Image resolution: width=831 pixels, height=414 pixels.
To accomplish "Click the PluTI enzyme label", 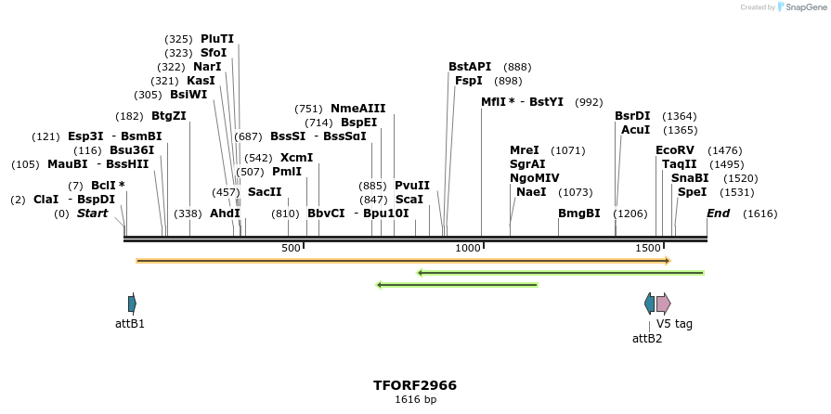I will (x=217, y=39).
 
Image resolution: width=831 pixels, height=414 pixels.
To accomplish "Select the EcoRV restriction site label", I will (x=675, y=149).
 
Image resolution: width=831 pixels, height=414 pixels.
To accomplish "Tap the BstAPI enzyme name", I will (x=470, y=67).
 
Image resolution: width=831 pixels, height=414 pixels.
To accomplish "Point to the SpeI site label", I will (x=693, y=192).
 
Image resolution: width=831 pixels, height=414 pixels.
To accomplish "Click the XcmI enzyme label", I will (x=297, y=158).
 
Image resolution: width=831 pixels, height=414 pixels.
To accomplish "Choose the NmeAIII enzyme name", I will (x=358, y=109).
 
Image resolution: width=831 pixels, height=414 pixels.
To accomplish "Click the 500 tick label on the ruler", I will (x=291, y=248).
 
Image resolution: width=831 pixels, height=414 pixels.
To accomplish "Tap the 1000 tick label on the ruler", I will (x=468, y=248).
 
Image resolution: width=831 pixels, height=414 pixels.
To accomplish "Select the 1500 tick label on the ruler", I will (x=648, y=248).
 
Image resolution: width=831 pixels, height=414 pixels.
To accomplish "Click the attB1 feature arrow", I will (x=132, y=304).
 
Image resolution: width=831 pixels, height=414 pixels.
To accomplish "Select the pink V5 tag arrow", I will (x=663, y=304).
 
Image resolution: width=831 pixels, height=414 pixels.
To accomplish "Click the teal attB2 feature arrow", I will (x=649, y=304).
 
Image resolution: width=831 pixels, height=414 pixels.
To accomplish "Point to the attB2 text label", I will (x=647, y=339).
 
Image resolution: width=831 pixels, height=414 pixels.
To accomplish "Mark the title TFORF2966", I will (x=415, y=385).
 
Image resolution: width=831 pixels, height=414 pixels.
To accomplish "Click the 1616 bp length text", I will (x=415, y=400).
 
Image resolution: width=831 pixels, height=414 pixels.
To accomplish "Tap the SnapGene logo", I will (x=804, y=7).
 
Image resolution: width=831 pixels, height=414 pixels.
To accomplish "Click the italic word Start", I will (x=92, y=213).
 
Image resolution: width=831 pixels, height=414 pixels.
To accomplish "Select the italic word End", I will (x=719, y=213).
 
